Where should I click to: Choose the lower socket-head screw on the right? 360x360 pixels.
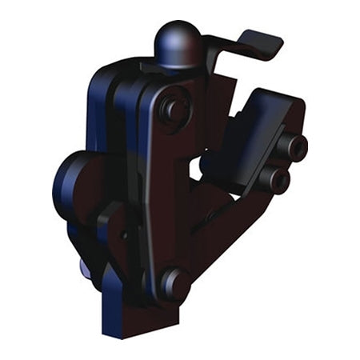(x=277, y=179)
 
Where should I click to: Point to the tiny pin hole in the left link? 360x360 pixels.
(x=123, y=235)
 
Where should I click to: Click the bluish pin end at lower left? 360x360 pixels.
(x=86, y=266)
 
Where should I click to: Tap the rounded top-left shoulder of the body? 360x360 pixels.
(x=104, y=76)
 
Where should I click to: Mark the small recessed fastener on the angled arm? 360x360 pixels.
(x=210, y=214)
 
